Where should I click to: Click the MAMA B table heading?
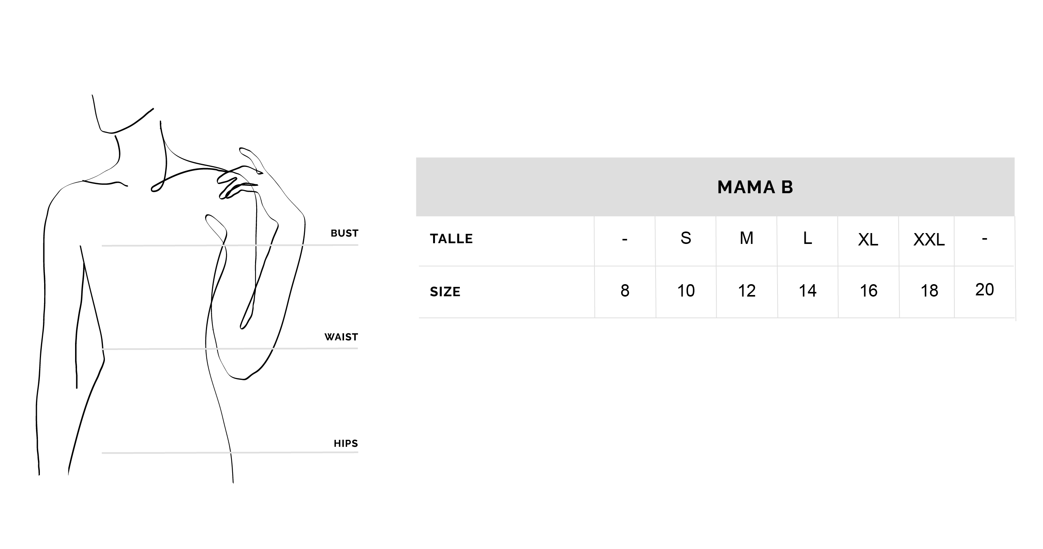pos(755,187)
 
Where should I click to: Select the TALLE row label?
pos(451,238)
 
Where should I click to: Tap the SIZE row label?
pos(445,292)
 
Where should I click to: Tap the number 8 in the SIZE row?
pos(625,291)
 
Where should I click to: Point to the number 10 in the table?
pos(686,291)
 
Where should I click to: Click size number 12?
pos(747,291)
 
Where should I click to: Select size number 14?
pos(807,291)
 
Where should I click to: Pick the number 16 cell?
pos(868,291)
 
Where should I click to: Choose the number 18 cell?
pos(929,291)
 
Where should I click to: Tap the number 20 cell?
pos(985,290)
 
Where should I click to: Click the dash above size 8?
pos(625,239)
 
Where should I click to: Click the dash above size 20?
pos(985,238)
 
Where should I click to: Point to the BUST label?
pos(344,233)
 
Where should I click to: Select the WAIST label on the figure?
pos(341,337)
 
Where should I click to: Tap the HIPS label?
pos(346,444)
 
